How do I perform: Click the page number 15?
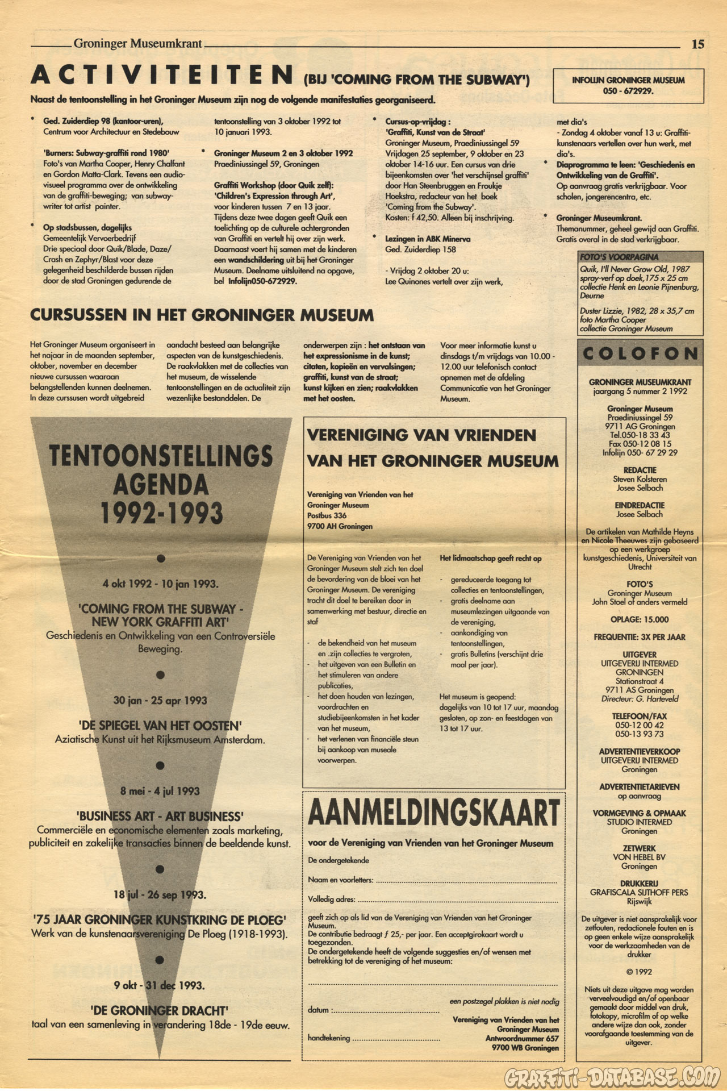[x=697, y=44]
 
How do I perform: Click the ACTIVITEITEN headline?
[x=162, y=76]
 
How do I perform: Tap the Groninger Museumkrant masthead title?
[x=138, y=43]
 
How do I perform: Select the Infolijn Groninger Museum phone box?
[x=628, y=86]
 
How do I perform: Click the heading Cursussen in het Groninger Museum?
[x=202, y=315]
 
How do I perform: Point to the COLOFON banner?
[x=640, y=354]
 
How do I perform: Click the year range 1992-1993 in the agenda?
[x=161, y=513]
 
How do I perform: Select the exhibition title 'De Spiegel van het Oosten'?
[x=160, y=726]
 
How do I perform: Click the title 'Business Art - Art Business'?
[x=160, y=817]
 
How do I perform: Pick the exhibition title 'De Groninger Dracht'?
[x=160, y=1011]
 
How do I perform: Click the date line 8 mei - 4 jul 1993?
[x=160, y=791]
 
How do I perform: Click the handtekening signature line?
[x=396, y=1038]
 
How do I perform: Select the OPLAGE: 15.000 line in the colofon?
[x=640, y=619]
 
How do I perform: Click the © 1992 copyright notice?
[x=639, y=972]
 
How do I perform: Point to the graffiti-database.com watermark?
[x=612, y=1076]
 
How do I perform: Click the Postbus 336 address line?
[x=327, y=515]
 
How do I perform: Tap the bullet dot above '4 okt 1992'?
[x=161, y=559]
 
